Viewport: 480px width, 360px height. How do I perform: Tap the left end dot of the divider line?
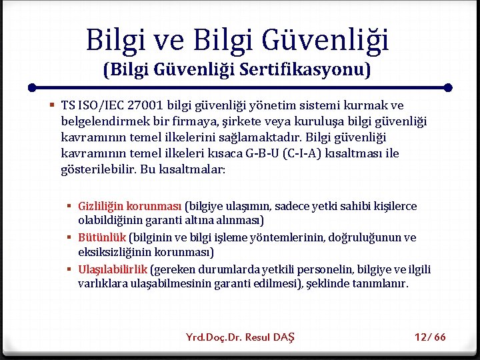(x=32, y=87)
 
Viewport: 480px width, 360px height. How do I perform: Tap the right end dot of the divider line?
(x=448, y=87)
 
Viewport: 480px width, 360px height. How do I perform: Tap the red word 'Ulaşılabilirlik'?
(x=113, y=269)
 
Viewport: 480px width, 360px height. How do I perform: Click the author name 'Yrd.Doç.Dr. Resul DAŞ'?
(x=239, y=337)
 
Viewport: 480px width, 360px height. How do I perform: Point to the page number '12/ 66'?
(x=430, y=337)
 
